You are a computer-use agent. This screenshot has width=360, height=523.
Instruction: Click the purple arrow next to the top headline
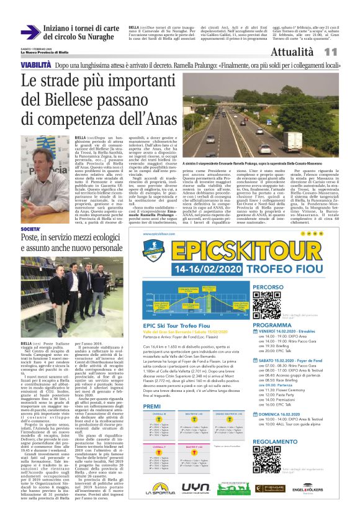[30, 32]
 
